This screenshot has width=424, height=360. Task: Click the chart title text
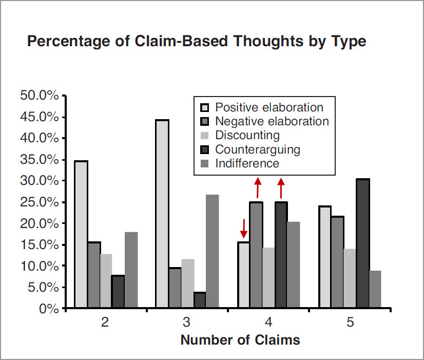[196, 41]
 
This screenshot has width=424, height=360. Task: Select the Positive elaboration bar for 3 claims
[162, 214]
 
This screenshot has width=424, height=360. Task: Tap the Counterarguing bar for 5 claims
[362, 244]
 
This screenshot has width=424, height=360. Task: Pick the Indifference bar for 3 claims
[211, 252]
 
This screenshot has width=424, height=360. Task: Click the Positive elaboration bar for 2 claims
[81, 235]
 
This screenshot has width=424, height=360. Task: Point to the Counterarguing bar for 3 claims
[199, 300]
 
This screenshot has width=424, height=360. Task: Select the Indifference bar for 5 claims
[375, 290]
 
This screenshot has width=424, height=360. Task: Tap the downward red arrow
[244, 229]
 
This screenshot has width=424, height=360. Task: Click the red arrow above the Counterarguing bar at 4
[281, 188]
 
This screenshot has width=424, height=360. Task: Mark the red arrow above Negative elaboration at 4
[258, 188]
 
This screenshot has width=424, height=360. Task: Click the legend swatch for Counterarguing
[204, 149]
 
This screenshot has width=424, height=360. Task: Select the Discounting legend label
[247, 136]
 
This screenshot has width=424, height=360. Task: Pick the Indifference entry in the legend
[247, 163]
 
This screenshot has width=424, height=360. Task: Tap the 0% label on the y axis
[50, 309]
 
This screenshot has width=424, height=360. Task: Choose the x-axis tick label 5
[351, 322]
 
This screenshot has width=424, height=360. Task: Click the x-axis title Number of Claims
[240, 340]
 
